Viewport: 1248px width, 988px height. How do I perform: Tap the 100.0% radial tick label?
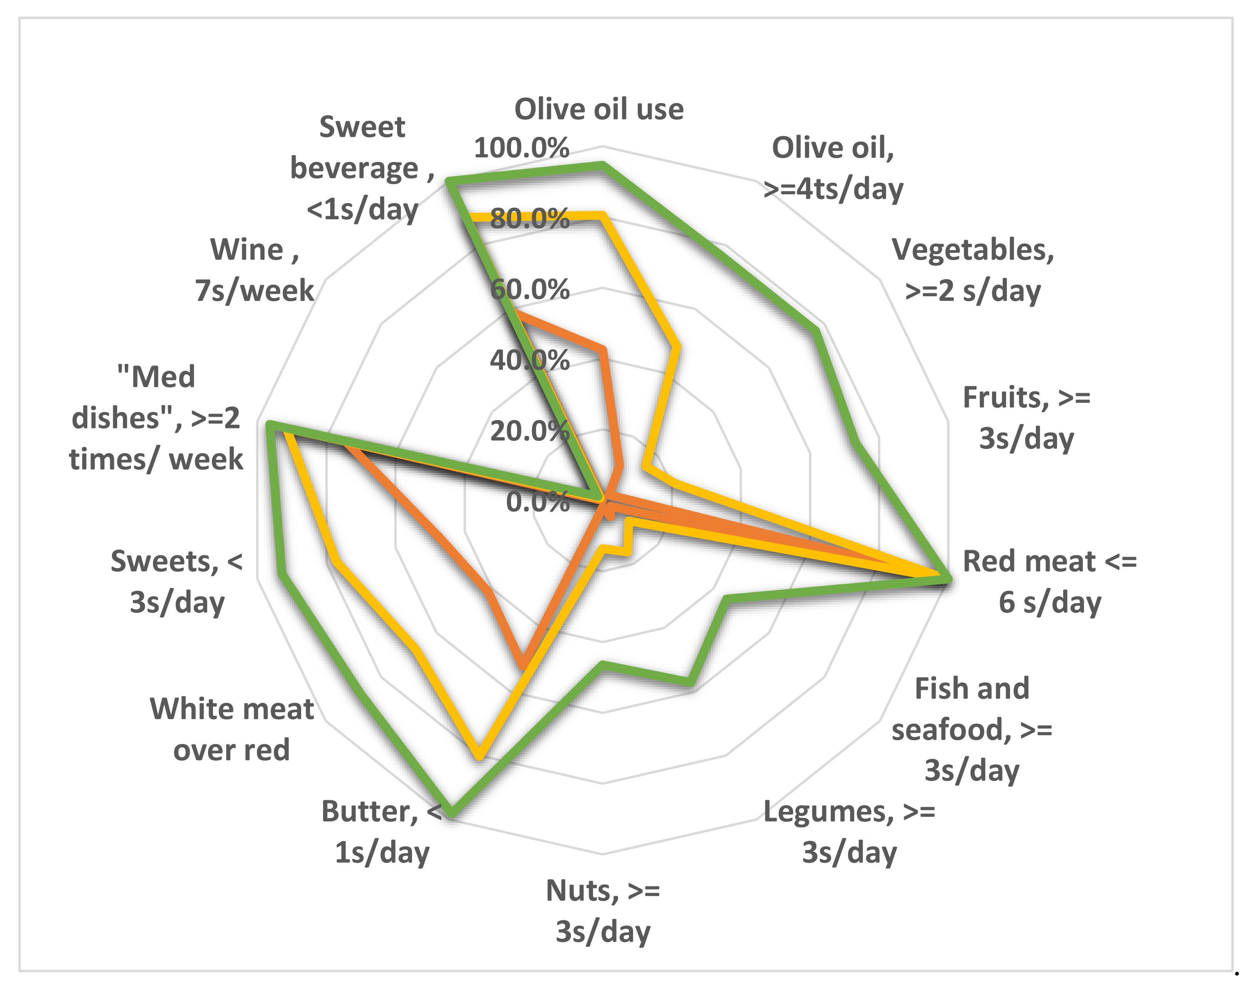pyautogui.click(x=521, y=148)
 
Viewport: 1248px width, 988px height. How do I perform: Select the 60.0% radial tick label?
pyautogui.click(x=529, y=290)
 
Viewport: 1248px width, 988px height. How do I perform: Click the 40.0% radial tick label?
pyautogui.click(x=529, y=361)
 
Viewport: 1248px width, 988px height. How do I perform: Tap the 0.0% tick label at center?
pyautogui.click(x=537, y=502)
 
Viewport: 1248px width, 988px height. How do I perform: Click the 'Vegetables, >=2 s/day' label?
pyautogui.click(x=972, y=270)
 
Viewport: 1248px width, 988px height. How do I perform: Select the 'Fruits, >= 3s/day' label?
pyautogui.click(x=1026, y=418)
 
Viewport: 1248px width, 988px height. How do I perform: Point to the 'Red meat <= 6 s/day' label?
pyautogui.click(x=1049, y=581)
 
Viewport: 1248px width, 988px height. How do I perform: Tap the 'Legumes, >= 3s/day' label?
pyautogui.click(x=849, y=832)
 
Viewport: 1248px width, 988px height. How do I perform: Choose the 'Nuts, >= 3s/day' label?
pyautogui.click(x=603, y=911)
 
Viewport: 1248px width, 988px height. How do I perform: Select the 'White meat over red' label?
pyautogui.click(x=231, y=729)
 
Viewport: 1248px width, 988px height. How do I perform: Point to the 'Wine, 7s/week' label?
pyautogui.click(x=254, y=270)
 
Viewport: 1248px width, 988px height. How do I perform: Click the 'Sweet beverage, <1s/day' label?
pyautogui.click(x=362, y=168)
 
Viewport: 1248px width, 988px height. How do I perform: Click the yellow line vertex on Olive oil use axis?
pyautogui.click(x=603, y=216)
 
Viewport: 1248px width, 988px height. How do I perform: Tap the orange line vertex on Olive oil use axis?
pyautogui.click(x=603, y=349)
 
